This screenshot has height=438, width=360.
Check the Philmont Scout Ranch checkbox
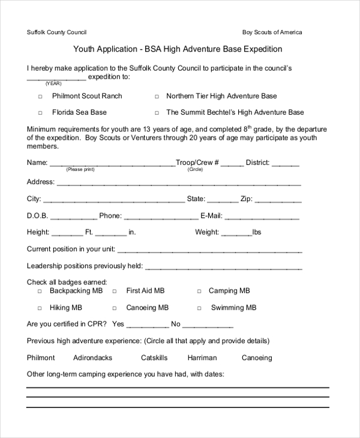pyautogui.click(x=41, y=97)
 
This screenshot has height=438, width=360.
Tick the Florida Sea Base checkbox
pyautogui.click(x=41, y=113)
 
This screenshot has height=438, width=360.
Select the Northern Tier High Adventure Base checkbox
pyautogui.click(x=157, y=97)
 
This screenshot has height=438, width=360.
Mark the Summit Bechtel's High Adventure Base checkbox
pyautogui.click(x=157, y=113)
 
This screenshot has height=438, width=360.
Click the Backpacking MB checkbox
pyautogui.click(x=40, y=292)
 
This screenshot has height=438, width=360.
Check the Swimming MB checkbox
pyautogui.click(x=199, y=308)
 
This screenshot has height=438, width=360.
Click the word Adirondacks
pyautogui.click(x=92, y=358)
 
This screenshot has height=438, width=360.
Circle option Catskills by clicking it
pyautogui.click(x=154, y=358)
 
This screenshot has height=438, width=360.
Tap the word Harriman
pyautogui.click(x=202, y=358)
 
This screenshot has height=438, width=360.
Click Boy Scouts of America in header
pyautogui.click(x=272, y=32)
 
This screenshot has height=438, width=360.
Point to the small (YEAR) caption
pyautogui.click(x=54, y=84)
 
